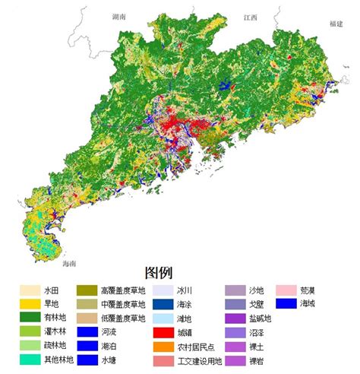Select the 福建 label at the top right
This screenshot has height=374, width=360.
[x=336, y=24]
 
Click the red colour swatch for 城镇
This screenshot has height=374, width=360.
[x=162, y=332]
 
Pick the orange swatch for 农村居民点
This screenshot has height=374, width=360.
[x=162, y=346]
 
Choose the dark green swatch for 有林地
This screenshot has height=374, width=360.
[x=30, y=318]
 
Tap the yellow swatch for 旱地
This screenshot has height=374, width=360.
[x=30, y=304]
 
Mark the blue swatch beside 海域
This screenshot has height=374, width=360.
[x=286, y=304]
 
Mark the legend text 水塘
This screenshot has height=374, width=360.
[x=106, y=360]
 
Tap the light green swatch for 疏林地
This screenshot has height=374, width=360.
[x=30, y=346]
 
